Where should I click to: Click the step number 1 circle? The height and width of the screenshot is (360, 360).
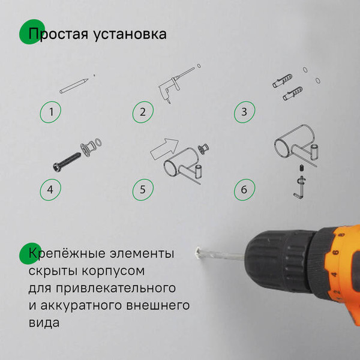(x=52, y=112)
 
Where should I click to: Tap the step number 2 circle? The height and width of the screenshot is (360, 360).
(x=142, y=112)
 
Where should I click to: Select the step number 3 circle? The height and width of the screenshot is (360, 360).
(x=244, y=112)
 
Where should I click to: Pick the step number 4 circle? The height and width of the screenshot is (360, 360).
(x=50, y=190)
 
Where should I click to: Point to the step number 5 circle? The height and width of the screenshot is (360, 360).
(x=142, y=190)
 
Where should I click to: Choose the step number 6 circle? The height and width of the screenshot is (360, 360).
(x=244, y=190)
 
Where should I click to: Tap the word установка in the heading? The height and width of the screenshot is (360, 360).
(x=128, y=34)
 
